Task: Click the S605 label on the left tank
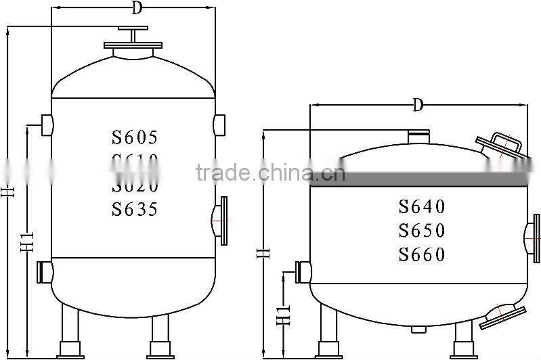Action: pos(135,137)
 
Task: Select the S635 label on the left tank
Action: pos(135,209)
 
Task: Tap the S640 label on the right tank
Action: pos(422,206)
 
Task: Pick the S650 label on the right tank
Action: pos(422,231)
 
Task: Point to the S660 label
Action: pos(422,255)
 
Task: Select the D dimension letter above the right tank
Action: pos(418,105)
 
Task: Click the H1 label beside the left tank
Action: pos(28,241)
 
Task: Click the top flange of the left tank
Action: pos(133,47)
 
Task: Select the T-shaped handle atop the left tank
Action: pos(133,32)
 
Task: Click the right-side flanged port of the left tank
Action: pos(221,219)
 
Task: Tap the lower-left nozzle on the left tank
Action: pos(45,272)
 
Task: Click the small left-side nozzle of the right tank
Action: pos(303,272)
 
